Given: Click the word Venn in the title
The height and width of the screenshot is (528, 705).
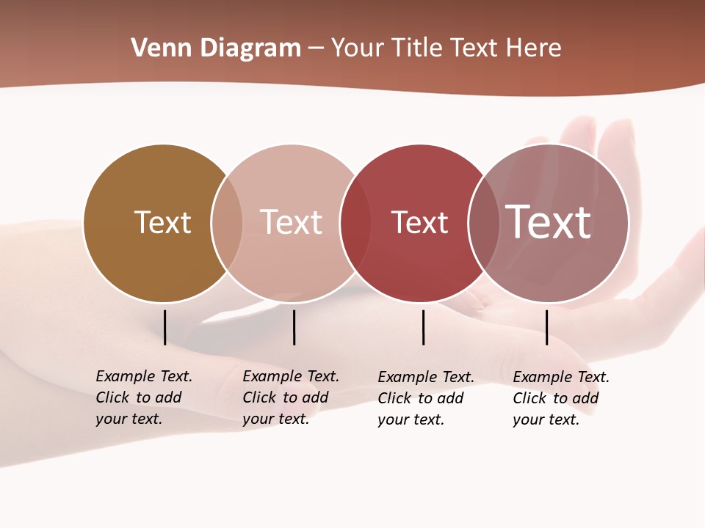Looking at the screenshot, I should pyautogui.click(x=155, y=48).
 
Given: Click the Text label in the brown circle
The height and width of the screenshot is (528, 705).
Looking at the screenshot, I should pyautogui.click(x=162, y=222).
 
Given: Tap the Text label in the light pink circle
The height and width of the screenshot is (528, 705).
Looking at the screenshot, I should pyautogui.click(x=292, y=222).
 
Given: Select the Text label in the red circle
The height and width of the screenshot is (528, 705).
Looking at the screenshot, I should pyautogui.click(x=419, y=222).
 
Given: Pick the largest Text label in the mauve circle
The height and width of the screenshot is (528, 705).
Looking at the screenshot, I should pyautogui.click(x=549, y=221).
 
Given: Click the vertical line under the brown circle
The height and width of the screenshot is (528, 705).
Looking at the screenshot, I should pyautogui.click(x=164, y=327).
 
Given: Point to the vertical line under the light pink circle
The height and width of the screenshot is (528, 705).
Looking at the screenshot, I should pyautogui.click(x=294, y=327).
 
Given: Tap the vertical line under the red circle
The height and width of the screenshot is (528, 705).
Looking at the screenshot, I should pyautogui.click(x=423, y=327).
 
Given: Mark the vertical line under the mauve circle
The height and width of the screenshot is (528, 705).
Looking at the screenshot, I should pyautogui.click(x=546, y=327).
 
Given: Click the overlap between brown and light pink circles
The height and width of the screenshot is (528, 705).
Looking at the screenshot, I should pyautogui.click(x=227, y=223).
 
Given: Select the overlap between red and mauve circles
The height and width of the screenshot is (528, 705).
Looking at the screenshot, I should pyautogui.click(x=484, y=223).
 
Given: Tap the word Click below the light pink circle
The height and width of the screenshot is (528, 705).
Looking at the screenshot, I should pyautogui.click(x=258, y=397).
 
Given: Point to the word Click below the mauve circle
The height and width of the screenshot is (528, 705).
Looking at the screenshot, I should pyautogui.click(x=529, y=398).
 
